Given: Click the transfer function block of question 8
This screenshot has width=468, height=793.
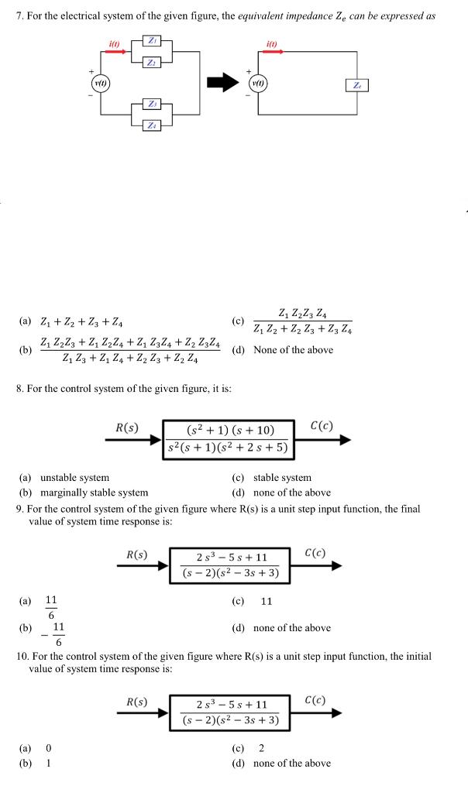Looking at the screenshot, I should point(229,438).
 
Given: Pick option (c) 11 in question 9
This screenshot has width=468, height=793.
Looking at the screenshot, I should point(267,601).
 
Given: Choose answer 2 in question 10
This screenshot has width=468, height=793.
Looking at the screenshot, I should point(260,748).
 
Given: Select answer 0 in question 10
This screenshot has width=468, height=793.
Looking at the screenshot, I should point(48,748).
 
